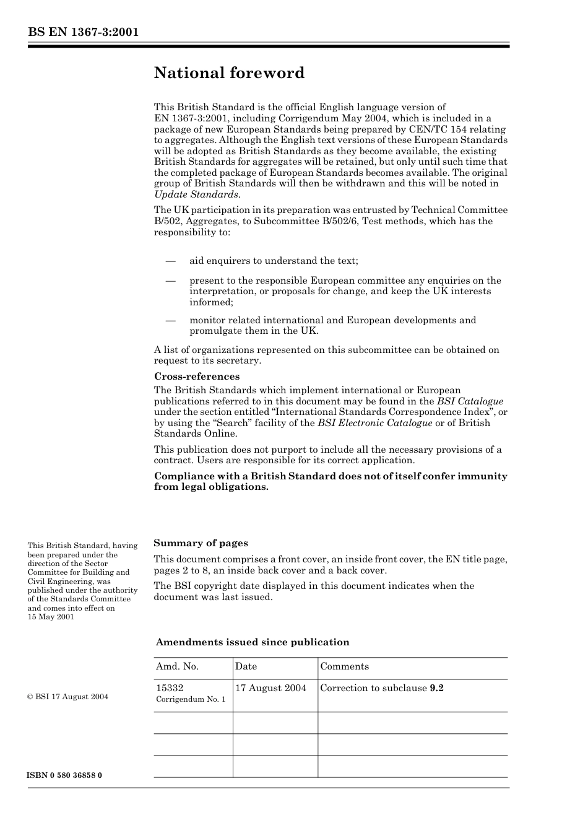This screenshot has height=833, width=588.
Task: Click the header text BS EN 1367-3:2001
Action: coord(83,32)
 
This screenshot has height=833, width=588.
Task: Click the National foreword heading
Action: coord(229,73)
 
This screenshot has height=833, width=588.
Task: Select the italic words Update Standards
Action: coord(196,194)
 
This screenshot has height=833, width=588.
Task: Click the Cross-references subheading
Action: coord(196,377)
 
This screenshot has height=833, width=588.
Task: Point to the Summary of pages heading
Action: coord(201,543)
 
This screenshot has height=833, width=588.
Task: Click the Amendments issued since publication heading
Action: coord(253,642)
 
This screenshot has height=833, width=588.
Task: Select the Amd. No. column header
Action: coord(177,666)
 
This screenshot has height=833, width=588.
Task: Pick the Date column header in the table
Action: coord(246,666)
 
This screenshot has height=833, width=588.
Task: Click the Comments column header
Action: coord(344,666)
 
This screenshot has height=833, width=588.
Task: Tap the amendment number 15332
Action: coord(170,688)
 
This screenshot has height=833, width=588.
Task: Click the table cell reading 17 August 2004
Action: coord(270,688)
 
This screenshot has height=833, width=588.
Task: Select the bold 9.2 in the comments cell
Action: coord(436,688)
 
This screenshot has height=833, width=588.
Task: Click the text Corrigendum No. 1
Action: coord(191,699)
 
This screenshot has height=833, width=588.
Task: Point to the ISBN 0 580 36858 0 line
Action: coord(64,775)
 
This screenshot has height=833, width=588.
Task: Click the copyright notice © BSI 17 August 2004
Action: coord(67,697)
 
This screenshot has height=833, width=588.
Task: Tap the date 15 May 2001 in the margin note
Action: coord(51,617)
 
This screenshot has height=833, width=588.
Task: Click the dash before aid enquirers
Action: coord(171,261)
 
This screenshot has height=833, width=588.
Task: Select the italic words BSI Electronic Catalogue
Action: coord(374,423)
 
